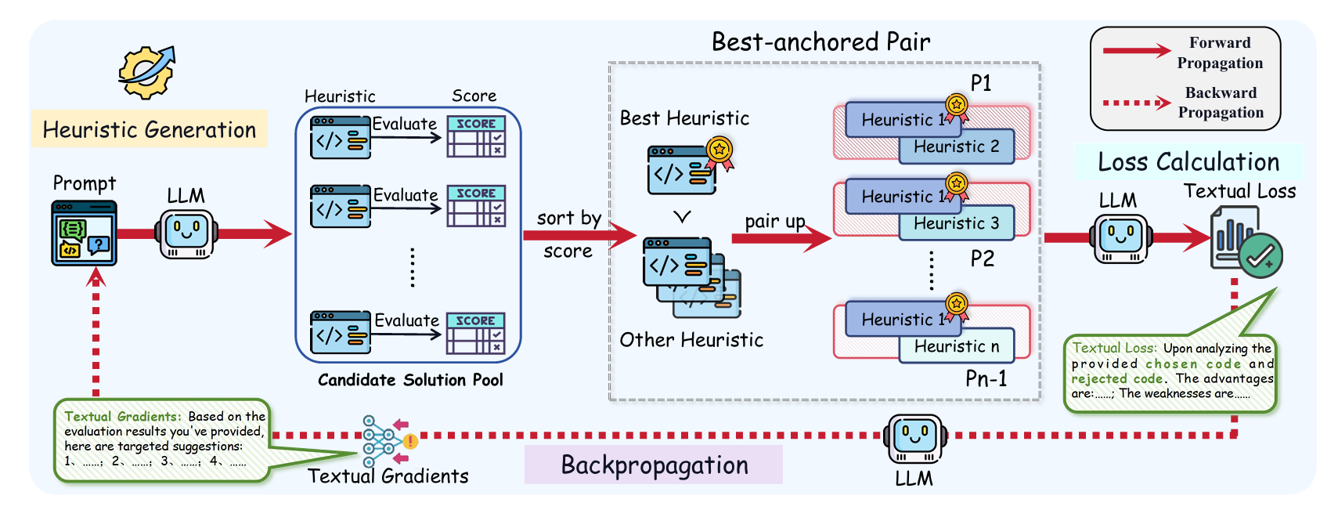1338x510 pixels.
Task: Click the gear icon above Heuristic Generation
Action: [x=146, y=72]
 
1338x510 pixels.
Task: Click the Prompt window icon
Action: [x=84, y=233]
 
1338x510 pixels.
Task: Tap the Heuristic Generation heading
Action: [x=149, y=129]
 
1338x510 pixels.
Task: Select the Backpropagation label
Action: [x=654, y=465]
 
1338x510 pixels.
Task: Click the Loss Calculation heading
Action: [x=1188, y=162]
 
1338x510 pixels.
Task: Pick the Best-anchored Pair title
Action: [x=820, y=42]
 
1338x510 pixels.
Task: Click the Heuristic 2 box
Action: [x=957, y=147]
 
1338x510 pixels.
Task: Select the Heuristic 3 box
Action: [x=957, y=224]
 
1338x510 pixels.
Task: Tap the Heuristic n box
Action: [x=957, y=346]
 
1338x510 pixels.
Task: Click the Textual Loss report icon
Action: [x=1245, y=243]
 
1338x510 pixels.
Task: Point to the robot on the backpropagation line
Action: [x=914, y=439]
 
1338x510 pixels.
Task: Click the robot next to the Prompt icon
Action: [x=186, y=233]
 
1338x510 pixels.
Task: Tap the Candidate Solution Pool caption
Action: [x=410, y=380]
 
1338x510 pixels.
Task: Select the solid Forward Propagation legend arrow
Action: [x=1136, y=52]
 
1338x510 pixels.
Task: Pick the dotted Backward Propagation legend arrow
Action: [x=1136, y=103]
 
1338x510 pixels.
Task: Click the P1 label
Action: [x=980, y=83]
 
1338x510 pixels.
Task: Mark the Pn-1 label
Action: [x=986, y=379]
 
